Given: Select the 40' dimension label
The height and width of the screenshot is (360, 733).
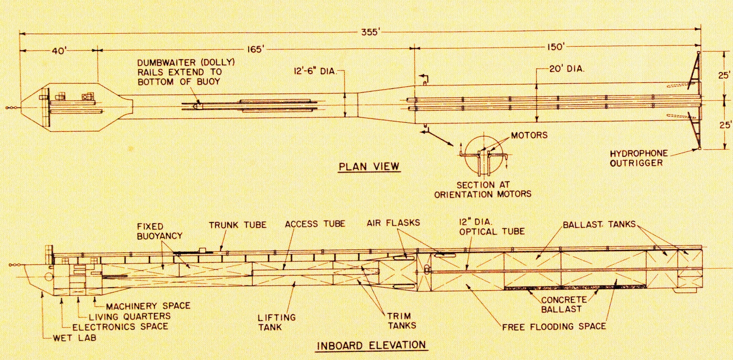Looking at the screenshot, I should coord(59,50).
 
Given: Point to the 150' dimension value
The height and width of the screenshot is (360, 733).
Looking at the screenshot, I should coord(555,47).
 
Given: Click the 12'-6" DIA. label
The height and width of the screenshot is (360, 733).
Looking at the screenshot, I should coord(315,71).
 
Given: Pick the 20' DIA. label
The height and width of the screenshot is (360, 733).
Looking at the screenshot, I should coord(566,69).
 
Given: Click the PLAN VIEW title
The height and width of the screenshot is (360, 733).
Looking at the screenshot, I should coord(369,167).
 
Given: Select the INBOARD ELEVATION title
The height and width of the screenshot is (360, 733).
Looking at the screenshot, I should coord(371,346).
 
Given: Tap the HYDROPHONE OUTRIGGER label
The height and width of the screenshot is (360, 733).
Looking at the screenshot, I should coord(639,158).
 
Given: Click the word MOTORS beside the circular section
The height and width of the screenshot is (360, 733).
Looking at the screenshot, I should coord(529,136).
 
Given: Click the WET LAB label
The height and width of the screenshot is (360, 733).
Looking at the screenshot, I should coord(75,338).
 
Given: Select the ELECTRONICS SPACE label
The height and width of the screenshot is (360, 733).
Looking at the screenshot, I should coord(120,326).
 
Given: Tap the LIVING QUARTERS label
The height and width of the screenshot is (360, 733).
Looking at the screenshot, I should coord(130,316).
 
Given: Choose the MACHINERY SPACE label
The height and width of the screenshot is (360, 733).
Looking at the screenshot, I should coord(148,306).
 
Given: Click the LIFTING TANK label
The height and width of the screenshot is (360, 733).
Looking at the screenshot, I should coord(277,322).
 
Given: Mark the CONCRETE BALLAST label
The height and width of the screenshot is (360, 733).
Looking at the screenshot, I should coord(563,304).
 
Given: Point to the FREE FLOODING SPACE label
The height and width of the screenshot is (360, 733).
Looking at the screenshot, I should coord(554,326).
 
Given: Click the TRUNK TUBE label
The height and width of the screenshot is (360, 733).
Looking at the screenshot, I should coord(238,225).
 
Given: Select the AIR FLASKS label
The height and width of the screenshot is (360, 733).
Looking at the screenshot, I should coord(393,223).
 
